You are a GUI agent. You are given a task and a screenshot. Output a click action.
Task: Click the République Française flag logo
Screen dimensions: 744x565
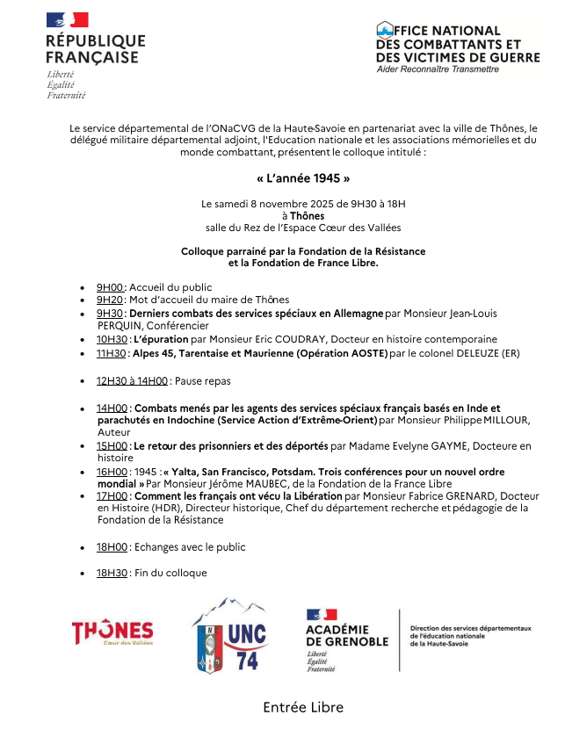click(x=68, y=20)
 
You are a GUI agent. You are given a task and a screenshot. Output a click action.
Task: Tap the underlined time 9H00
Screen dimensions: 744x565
click(x=111, y=287)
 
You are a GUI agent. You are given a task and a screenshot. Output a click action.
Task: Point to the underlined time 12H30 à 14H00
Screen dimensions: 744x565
click(x=132, y=380)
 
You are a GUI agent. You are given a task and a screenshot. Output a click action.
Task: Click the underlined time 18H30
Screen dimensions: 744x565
click(x=113, y=573)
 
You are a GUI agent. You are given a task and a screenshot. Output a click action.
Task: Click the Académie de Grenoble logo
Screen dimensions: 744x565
click(x=347, y=639)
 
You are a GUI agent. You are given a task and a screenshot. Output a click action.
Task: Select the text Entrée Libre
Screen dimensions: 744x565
click(x=303, y=707)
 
